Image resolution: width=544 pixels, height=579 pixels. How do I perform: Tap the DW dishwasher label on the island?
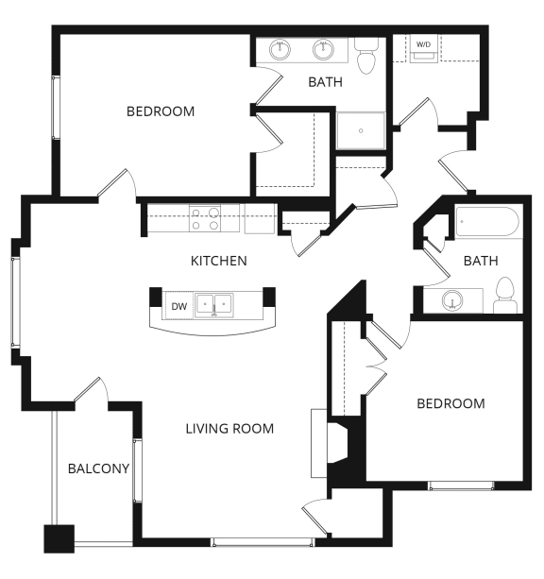(178, 306)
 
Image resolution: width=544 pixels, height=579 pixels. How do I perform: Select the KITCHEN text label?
(219, 261)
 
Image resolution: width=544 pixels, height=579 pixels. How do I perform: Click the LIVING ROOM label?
(229, 429)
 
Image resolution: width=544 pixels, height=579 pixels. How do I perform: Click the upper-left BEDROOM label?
(161, 111)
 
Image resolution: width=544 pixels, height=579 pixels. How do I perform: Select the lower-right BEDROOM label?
(450, 403)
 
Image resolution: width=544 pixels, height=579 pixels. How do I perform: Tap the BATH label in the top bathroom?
(325, 82)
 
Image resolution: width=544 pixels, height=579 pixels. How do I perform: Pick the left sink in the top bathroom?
(280, 49)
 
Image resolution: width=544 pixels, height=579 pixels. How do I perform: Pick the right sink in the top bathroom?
(324, 49)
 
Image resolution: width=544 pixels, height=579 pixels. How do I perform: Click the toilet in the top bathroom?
(366, 57)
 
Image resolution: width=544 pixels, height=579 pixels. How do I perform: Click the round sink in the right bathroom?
(454, 301)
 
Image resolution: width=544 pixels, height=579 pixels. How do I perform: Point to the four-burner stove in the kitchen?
(204, 219)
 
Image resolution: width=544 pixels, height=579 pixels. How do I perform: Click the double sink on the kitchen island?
(214, 306)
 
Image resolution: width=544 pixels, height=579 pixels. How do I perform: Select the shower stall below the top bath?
(361, 131)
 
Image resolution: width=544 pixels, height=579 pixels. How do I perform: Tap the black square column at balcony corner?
(59, 538)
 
